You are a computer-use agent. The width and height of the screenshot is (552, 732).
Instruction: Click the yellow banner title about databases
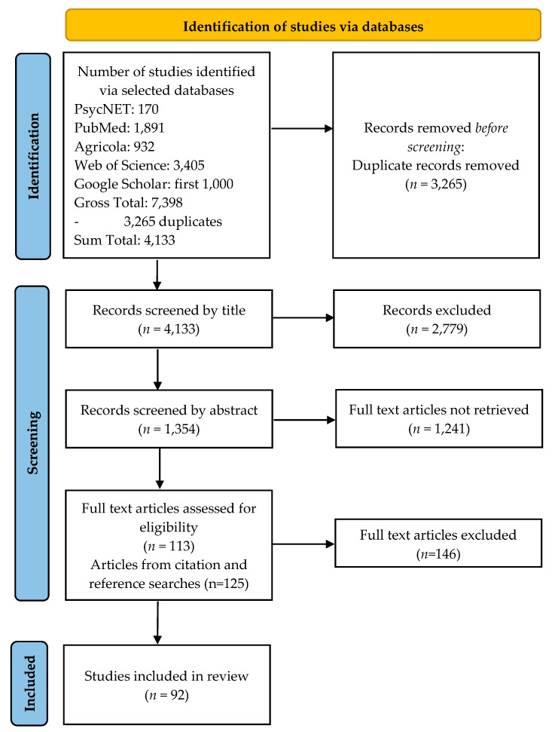303,26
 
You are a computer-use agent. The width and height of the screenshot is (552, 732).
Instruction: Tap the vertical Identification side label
34,156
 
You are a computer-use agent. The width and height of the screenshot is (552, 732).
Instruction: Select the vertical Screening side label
32,443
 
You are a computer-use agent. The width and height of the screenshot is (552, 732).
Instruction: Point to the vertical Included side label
30,684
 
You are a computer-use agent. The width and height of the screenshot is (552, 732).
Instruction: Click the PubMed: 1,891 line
119,128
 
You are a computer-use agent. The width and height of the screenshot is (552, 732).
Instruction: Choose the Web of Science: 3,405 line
139,165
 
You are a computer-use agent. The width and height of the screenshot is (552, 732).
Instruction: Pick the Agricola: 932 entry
114,146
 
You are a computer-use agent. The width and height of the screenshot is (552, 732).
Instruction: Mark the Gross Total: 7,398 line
128,203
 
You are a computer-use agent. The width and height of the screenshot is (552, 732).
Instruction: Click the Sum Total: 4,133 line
124,240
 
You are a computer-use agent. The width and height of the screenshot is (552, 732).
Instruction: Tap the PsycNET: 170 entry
117,109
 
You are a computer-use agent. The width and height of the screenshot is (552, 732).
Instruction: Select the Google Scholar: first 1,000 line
154,184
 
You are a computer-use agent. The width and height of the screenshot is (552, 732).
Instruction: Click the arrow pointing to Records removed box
302,128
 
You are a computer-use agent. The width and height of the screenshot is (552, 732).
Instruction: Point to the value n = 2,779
437,329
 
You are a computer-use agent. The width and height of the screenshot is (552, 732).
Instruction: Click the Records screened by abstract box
169,418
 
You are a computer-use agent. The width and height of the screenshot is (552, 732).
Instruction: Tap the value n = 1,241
439,428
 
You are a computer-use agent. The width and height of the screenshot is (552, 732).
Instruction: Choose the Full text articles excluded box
438,543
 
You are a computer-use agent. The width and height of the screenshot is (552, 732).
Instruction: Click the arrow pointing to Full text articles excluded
303,544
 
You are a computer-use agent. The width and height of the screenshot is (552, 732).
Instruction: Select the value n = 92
166,695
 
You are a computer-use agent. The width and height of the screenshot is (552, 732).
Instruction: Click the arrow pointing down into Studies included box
157,623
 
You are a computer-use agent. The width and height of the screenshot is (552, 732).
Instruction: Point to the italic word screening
435,146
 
